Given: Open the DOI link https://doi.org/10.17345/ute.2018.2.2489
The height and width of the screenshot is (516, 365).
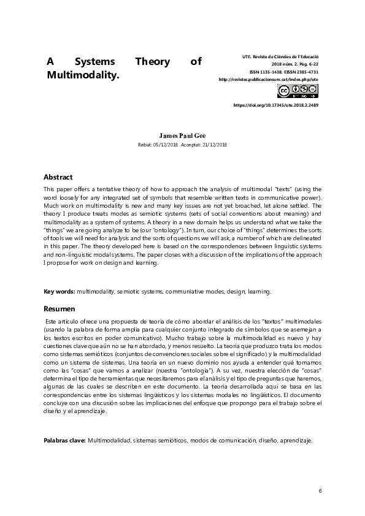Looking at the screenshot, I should pyautogui.click(x=276, y=105).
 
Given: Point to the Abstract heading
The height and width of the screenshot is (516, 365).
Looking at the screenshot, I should pyautogui.click(x=58, y=176).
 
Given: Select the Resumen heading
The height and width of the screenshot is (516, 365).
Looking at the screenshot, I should pyautogui.click(x=59, y=309).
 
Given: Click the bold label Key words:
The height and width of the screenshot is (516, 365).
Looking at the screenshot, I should pyautogui.click(x=59, y=292).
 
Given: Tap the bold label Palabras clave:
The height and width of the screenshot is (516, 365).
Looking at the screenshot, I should pyautogui.click(x=64, y=441).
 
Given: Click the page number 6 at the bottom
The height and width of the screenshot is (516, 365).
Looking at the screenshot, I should pyautogui.click(x=320, y=492).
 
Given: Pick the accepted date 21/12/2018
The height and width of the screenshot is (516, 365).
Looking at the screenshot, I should pyautogui.click(x=213, y=144).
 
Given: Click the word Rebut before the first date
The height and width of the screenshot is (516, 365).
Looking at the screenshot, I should pyautogui.click(x=146, y=144).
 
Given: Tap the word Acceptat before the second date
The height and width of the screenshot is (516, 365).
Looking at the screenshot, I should pyautogui.click(x=190, y=144).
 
